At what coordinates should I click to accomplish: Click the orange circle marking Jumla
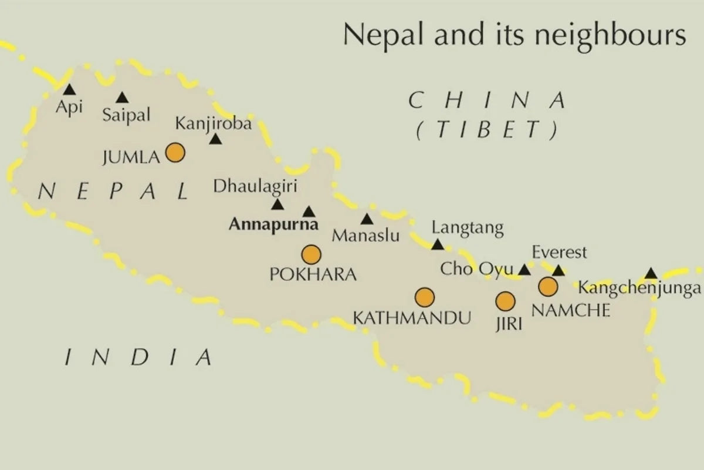tap(175, 153)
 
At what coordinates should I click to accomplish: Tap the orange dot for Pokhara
tap(311, 255)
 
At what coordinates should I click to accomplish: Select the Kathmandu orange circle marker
tap(424, 298)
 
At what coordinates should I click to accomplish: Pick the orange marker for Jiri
tap(505, 301)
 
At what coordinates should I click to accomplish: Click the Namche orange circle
tap(548, 287)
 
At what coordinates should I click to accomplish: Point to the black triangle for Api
tap(69, 90)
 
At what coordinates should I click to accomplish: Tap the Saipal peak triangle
tap(122, 98)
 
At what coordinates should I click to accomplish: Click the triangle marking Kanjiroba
tap(216, 139)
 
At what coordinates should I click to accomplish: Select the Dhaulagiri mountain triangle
tap(277, 204)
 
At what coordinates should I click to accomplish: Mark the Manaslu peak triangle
tap(367, 220)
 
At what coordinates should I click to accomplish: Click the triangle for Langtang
tap(438, 244)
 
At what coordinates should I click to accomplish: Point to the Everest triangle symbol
tap(559, 271)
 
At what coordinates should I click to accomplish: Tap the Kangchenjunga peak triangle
tap(651, 273)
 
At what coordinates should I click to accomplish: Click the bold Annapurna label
tap(273, 224)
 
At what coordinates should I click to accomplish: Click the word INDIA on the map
tap(137, 356)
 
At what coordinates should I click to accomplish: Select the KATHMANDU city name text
tap(412, 318)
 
